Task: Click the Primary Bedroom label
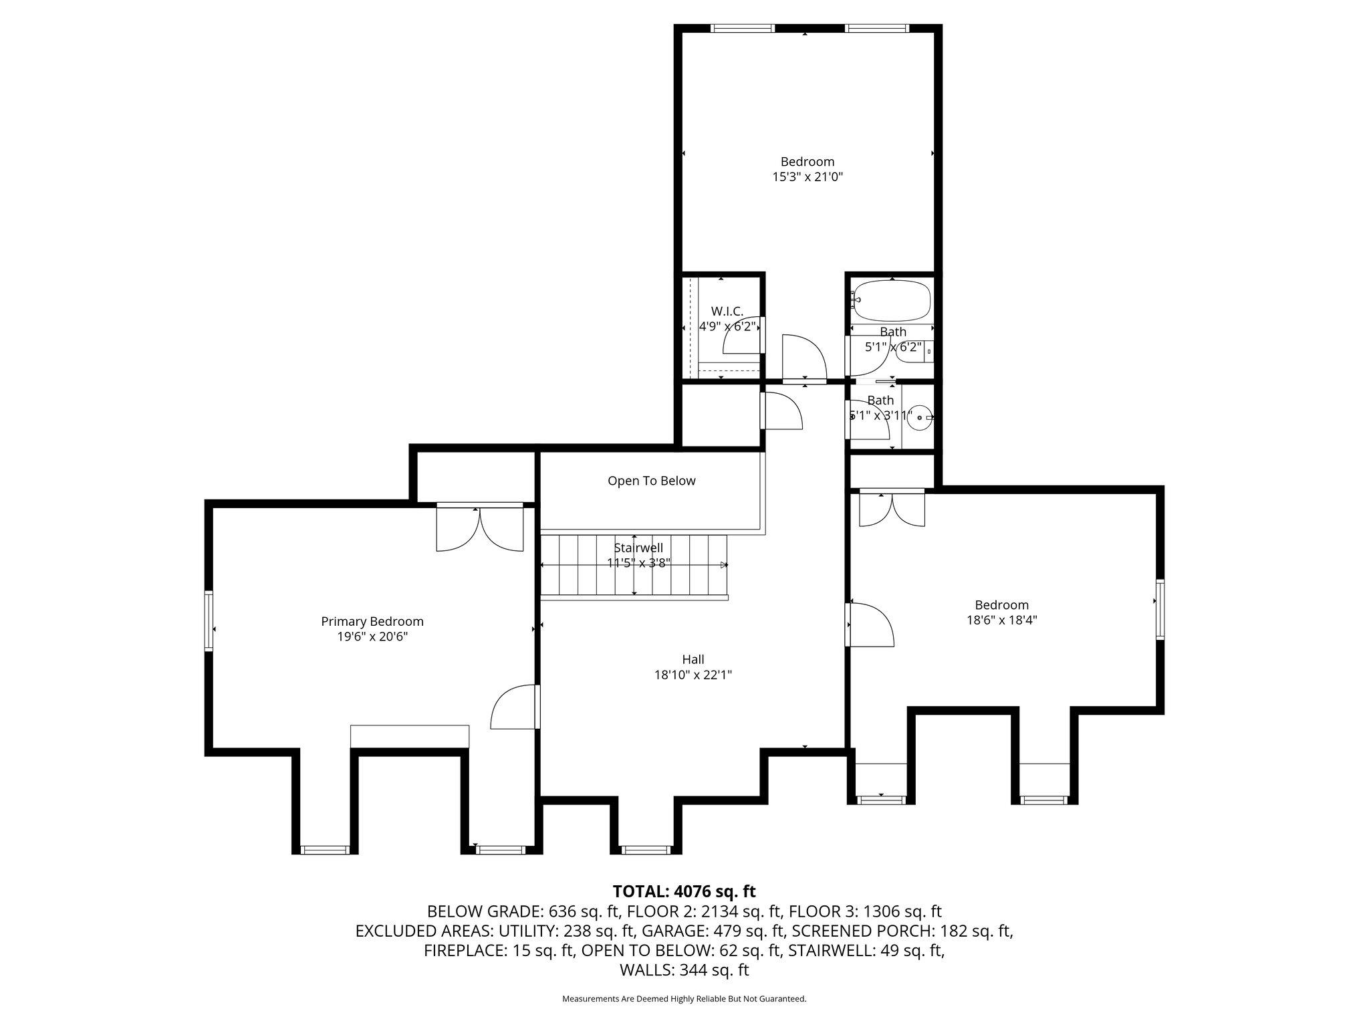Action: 372,621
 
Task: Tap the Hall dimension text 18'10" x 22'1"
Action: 693,675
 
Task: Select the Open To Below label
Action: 651,481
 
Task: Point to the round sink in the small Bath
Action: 920,417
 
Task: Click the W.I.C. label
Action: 727,311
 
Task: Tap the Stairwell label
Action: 638,548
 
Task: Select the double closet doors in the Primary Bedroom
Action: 480,529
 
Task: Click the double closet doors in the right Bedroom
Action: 892,509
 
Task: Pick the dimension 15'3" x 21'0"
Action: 807,177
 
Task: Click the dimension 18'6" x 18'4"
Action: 1001,620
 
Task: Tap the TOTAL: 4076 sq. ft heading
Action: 684,891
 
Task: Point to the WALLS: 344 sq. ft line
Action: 684,970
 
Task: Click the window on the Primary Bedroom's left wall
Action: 209,620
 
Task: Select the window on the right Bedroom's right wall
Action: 1160,609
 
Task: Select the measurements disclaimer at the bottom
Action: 684,999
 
